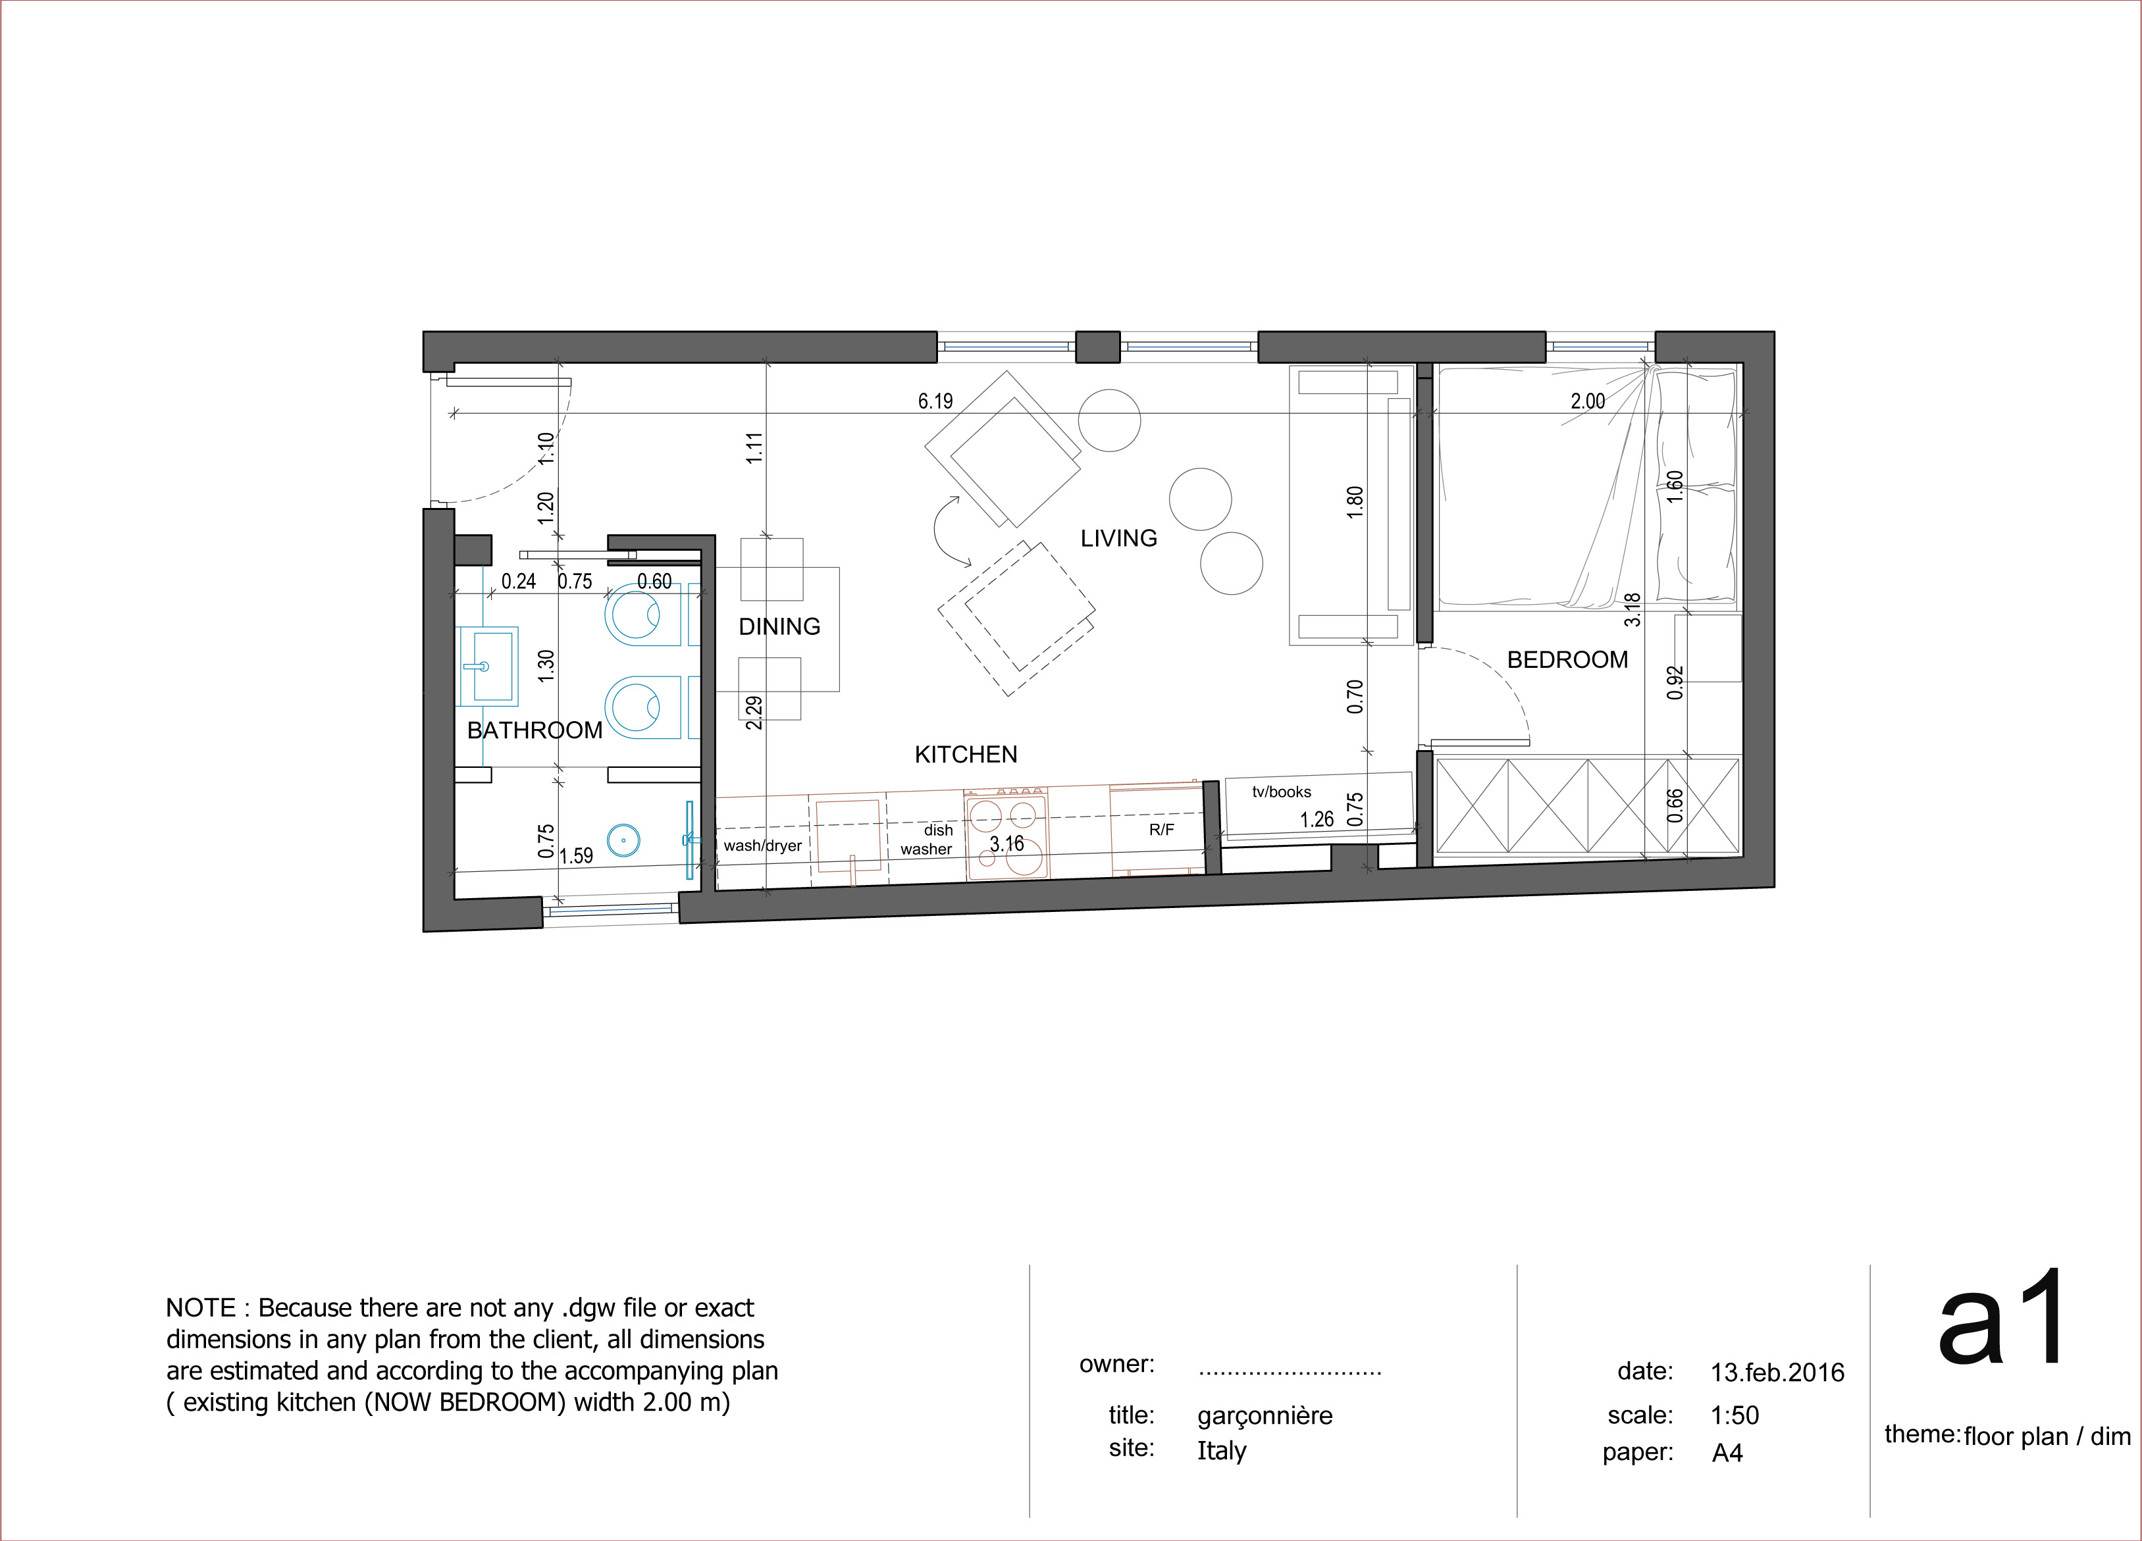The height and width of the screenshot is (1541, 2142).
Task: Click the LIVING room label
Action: pos(1118,538)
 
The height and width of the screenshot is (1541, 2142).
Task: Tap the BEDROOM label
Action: pos(1568,660)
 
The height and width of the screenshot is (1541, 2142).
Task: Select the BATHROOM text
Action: pos(535,730)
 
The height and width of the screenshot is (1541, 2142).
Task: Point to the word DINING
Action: pos(779,627)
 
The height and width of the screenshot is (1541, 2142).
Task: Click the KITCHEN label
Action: pos(966,755)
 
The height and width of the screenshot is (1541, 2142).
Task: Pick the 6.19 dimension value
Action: pos(936,401)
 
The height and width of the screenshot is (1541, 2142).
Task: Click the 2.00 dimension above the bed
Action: pos(1588,401)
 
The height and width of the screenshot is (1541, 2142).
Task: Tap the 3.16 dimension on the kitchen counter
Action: pos(1006,843)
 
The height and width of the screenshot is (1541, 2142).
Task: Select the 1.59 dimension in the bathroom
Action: pos(576,857)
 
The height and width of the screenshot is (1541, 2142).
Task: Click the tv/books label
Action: pos(1282,792)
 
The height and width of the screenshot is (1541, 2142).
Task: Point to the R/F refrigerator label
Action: pos(1162,830)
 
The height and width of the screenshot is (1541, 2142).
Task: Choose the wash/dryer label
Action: pos(762,846)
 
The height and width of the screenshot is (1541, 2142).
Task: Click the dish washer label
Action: pos(927,840)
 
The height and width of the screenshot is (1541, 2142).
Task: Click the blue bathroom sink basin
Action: pos(487,667)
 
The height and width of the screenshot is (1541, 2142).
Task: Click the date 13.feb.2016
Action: pos(1777,1373)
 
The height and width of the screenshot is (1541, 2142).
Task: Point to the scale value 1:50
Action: pos(1735,1415)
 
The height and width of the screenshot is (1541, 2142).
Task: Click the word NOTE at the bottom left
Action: pos(200,1308)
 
